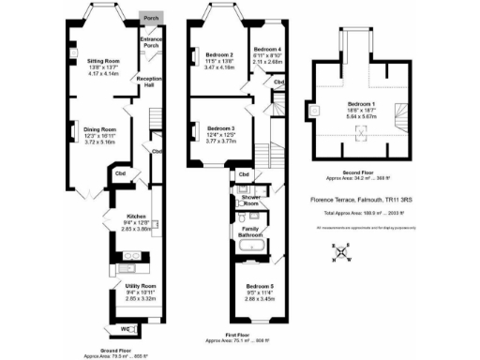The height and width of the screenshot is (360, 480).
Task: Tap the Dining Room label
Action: coord(100,129)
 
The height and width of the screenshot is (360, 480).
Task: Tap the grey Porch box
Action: coord(151,18)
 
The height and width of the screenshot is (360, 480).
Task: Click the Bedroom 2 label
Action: coord(218,55)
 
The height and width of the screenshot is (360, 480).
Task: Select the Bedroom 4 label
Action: coord(267,49)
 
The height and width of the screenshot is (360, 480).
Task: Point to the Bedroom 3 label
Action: coord(221,127)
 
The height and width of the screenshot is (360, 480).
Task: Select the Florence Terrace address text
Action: coord(361,200)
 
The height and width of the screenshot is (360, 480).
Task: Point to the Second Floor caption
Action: coord(359,172)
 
